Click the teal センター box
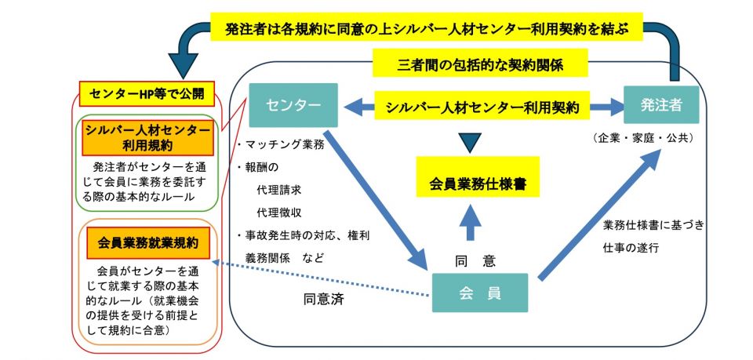[293, 106]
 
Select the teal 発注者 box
[660, 105]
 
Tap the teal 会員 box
[480, 293]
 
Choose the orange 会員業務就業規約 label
[148, 243]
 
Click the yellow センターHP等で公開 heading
[147, 94]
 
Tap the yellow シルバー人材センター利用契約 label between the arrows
[482, 106]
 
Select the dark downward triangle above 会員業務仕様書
[469, 143]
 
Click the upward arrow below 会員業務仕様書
[470, 221]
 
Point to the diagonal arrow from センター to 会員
[376, 199]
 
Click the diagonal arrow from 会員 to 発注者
[598, 216]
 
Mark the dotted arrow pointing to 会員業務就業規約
[321, 278]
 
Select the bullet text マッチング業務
[281, 145]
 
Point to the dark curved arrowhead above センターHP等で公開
[183, 63]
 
